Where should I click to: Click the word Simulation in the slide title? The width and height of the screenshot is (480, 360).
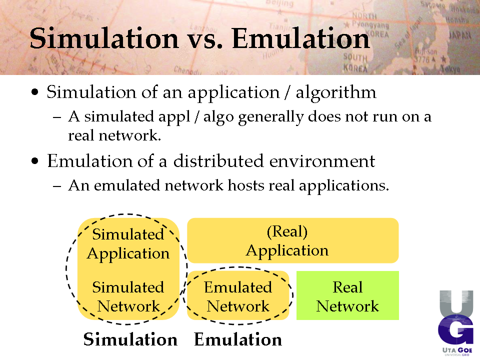pyautogui.click(x=104, y=38)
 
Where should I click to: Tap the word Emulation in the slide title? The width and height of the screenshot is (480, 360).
pyautogui.click(x=301, y=38)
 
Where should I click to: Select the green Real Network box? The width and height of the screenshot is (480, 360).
pyautogui.click(x=347, y=295)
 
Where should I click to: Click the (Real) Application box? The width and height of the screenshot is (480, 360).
pyautogui.click(x=292, y=240)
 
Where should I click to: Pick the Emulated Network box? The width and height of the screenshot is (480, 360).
pyautogui.click(x=238, y=295)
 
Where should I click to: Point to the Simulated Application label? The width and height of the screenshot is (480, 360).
pyautogui.click(x=128, y=244)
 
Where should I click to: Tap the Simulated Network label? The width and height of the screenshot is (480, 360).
pyautogui.click(x=128, y=297)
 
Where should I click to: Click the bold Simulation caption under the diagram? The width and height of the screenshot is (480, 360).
pyautogui.click(x=130, y=339)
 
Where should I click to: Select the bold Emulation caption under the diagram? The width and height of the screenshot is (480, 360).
pyautogui.click(x=238, y=339)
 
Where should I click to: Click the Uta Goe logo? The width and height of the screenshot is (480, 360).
pyautogui.click(x=456, y=323)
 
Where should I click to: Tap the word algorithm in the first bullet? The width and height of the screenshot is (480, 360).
pyautogui.click(x=336, y=92)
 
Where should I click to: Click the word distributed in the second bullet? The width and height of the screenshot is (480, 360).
pyautogui.click(x=218, y=160)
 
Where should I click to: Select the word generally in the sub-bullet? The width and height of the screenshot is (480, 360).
pyautogui.click(x=271, y=117)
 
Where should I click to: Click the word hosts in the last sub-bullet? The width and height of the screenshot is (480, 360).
pyautogui.click(x=246, y=185)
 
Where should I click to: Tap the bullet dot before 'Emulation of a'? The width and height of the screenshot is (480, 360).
pyautogui.click(x=35, y=160)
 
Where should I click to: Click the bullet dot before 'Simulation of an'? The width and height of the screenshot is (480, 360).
pyautogui.click(x=35, y=92)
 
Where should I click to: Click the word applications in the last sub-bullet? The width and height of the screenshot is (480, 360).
pyautogui.click(x=344, y=186)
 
